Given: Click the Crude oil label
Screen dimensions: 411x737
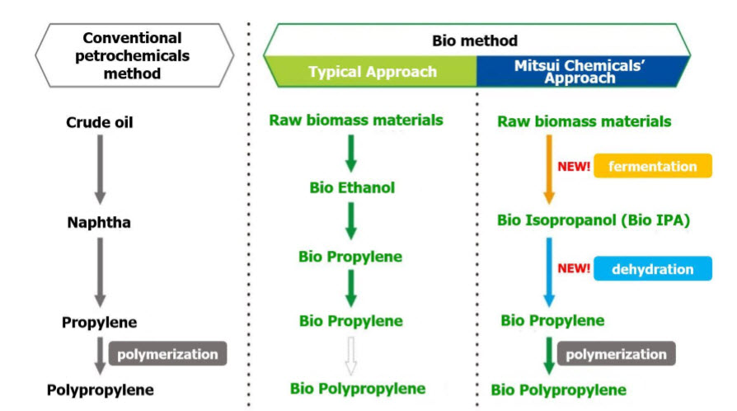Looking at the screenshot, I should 100,123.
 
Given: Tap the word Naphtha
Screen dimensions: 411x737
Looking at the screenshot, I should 100,223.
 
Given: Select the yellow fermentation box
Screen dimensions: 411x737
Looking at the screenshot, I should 652,166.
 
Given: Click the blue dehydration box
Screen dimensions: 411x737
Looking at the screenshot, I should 652,269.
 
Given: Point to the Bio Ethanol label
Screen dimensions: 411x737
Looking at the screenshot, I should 352,187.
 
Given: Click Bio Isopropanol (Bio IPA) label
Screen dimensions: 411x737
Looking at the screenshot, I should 593,220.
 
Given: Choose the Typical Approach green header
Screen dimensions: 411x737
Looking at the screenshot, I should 373,72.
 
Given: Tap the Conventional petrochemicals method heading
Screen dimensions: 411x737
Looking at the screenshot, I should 134,55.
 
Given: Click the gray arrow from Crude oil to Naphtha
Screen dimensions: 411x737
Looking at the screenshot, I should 100,170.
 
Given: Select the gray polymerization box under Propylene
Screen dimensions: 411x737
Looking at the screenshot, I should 167,355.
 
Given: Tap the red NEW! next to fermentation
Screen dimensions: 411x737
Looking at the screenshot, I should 575,166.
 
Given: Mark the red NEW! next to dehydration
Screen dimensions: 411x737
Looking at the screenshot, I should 575,269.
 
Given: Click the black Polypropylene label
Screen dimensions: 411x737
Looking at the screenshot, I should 100,390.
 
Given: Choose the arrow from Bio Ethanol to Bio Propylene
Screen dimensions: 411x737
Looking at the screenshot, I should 351,222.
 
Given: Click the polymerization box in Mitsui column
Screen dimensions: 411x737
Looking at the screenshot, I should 617,355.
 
